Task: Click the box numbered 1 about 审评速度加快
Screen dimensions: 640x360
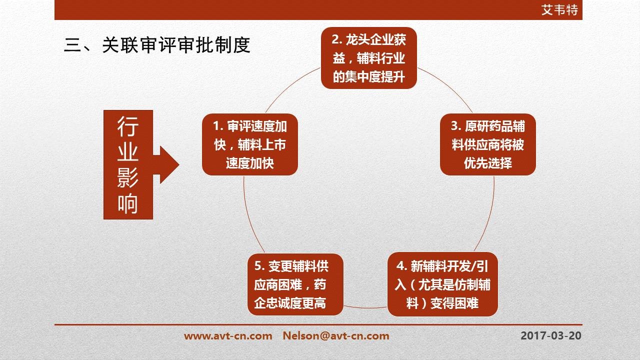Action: (x=250, y=144)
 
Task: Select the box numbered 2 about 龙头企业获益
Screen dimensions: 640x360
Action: (x=369, y=58)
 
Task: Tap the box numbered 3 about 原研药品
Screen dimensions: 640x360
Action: (x=488, y=144)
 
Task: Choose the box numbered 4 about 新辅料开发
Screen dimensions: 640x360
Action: (x=442, y=284)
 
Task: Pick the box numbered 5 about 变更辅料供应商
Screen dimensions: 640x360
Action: (x=295, y=284)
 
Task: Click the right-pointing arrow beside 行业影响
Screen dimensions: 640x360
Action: (x=166, y=165)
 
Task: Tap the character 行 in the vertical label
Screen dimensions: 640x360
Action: (x=127, y=126)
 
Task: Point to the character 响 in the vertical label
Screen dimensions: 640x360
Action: (x=127, y=203)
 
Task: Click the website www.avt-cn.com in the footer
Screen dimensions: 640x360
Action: (x=228, y=335)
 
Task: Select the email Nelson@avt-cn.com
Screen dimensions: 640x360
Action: (x=336, y=335)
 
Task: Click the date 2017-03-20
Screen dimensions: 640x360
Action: (x=551, y=335)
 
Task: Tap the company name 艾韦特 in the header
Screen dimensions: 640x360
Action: (x=559, y=10)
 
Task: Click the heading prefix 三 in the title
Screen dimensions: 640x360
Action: (x=72, y=45)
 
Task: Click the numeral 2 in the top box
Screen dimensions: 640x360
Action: (x=335, y=39)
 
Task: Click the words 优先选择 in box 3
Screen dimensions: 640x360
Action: (x=488, y=163)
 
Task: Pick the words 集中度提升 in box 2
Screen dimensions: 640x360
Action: (x=375, y=76)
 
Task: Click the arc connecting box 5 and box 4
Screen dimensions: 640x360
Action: (x=365, y=308)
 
